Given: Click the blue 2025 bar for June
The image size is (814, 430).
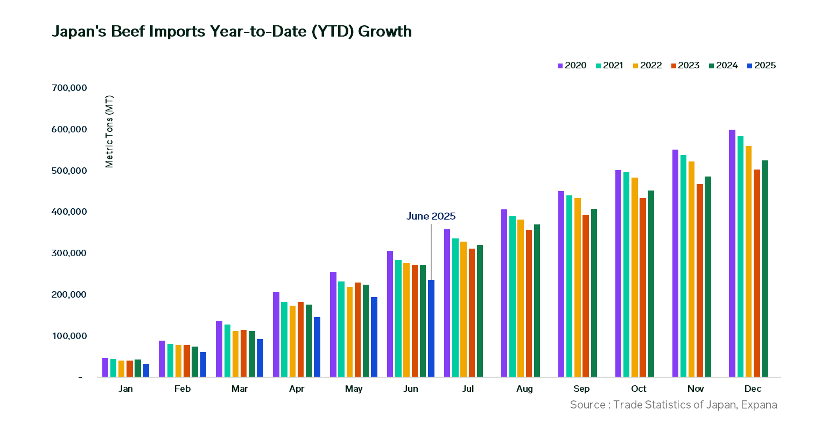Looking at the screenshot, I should [x=431, y=328].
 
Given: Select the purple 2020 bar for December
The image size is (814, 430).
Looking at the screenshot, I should [x=732, y=253].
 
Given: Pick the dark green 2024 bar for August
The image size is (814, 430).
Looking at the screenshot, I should [x=537, y=300].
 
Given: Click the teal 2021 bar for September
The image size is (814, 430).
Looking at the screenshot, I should [x=569, y=286].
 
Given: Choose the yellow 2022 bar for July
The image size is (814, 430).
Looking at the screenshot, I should [x=464, y=309].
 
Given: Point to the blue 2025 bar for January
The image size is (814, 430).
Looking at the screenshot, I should [x=146, y=370].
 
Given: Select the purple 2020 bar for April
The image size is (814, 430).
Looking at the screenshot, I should [x=276, y=334].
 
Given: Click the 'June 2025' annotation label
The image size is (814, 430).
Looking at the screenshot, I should [x=431, y=216].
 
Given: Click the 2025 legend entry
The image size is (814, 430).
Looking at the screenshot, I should [x=761, y=66].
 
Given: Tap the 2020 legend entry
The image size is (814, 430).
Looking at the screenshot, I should [x=572, y=66].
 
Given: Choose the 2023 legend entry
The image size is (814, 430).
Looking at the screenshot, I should [x=685, y=66].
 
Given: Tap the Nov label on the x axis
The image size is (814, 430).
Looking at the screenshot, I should [x=692, y=389].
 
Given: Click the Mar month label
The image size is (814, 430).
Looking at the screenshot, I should [x=239, y=389].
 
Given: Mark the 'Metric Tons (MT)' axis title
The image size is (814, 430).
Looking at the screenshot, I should [x=110, y=132].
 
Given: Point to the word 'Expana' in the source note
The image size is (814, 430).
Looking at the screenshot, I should [x=759, y=405].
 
